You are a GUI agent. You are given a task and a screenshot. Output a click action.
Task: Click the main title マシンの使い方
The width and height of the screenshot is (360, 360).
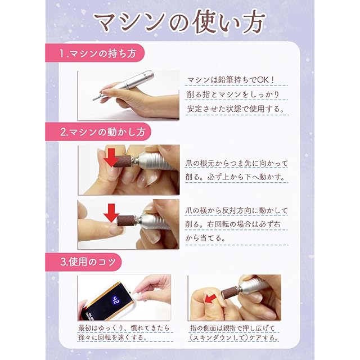point(181,22)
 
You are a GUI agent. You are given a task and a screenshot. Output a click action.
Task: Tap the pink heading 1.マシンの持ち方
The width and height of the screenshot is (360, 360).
point(98,54)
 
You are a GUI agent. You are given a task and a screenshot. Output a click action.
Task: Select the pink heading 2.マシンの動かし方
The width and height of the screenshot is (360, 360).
point(102,132)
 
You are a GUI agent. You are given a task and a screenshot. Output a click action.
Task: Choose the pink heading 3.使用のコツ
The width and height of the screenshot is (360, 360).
point(88,262)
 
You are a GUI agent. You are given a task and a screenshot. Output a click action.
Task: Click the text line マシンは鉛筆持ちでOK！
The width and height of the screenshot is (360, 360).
point(231,80)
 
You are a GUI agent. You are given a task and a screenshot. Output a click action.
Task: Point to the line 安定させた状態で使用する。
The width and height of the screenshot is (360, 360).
point(236,109)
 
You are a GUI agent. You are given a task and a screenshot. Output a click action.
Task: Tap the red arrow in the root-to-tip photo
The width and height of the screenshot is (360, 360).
point(111,157)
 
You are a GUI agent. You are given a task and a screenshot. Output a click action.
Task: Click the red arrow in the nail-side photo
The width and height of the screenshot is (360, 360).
point(111,213)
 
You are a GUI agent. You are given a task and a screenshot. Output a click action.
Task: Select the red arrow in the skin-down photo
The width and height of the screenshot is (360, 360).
point(210,299)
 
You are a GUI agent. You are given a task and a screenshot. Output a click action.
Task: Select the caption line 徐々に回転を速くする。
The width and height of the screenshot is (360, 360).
point(112,337)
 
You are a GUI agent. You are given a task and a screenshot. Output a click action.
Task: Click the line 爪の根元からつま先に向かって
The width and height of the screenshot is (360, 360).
point(236,164)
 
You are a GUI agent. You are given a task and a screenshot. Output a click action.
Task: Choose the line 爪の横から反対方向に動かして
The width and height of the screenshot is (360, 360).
point(236,210)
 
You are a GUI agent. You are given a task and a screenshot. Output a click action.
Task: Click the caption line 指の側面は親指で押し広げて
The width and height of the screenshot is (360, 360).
point(232,328)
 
